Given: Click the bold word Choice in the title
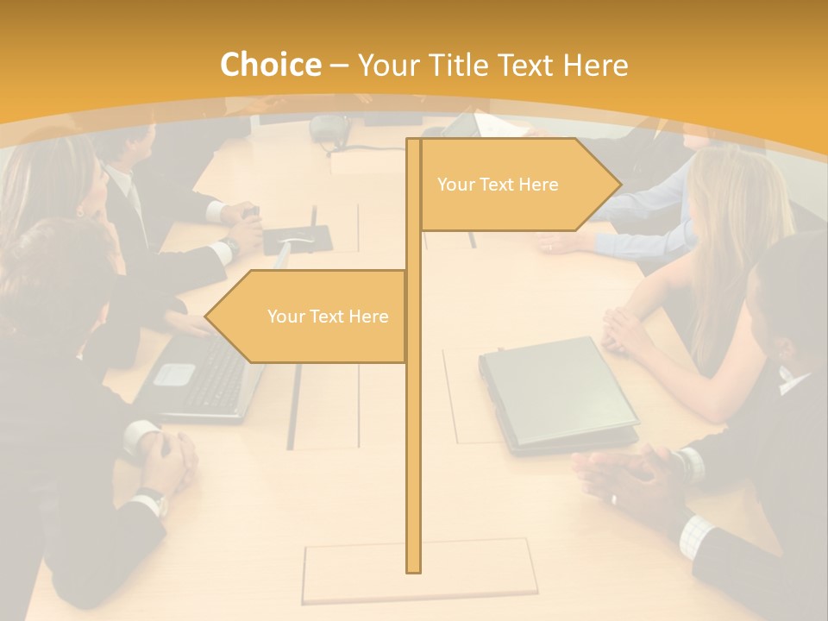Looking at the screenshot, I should pos(269,66).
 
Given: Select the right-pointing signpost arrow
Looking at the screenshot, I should pos(517,185).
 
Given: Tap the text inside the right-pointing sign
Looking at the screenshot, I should pos(498,185).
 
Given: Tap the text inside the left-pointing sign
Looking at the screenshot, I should pos(328,317).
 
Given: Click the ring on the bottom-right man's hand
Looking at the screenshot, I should pos(613,499).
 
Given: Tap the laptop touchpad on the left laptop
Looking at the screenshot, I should pos(175,373).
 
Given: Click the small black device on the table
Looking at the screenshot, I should pos(296,237).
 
